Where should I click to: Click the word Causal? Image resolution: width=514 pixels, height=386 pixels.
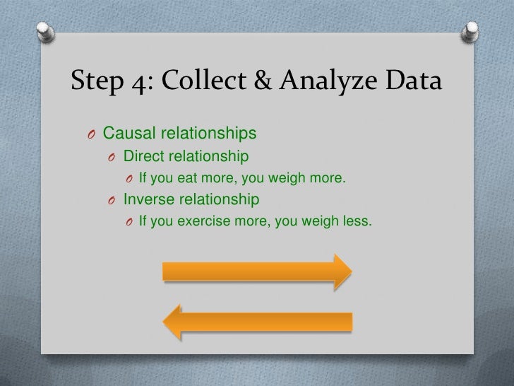click(130, 132)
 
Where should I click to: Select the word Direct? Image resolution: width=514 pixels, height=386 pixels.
click(145, 155)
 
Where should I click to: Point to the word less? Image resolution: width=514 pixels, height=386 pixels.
click(357, 221)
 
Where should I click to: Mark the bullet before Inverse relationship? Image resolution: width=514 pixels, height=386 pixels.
click(112, 200)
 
